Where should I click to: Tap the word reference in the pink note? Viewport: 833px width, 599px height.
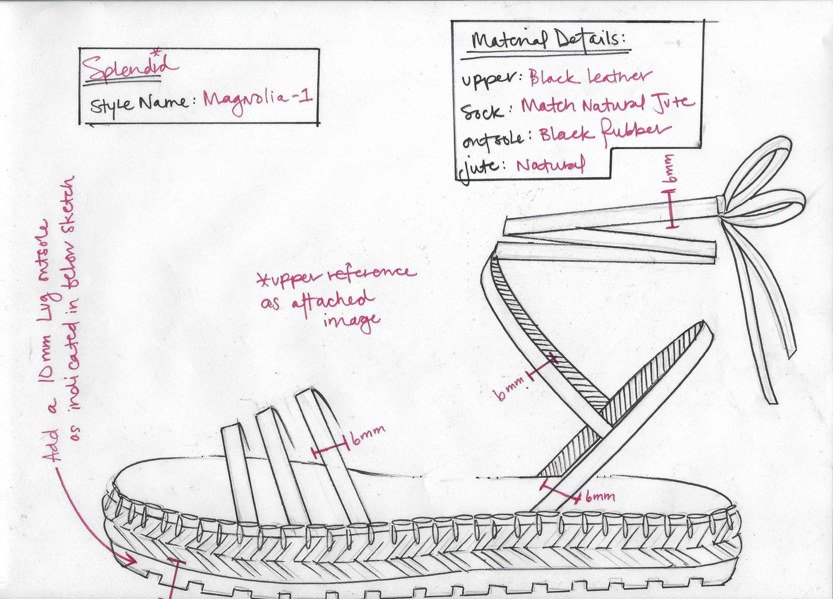[x=371, y=274]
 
